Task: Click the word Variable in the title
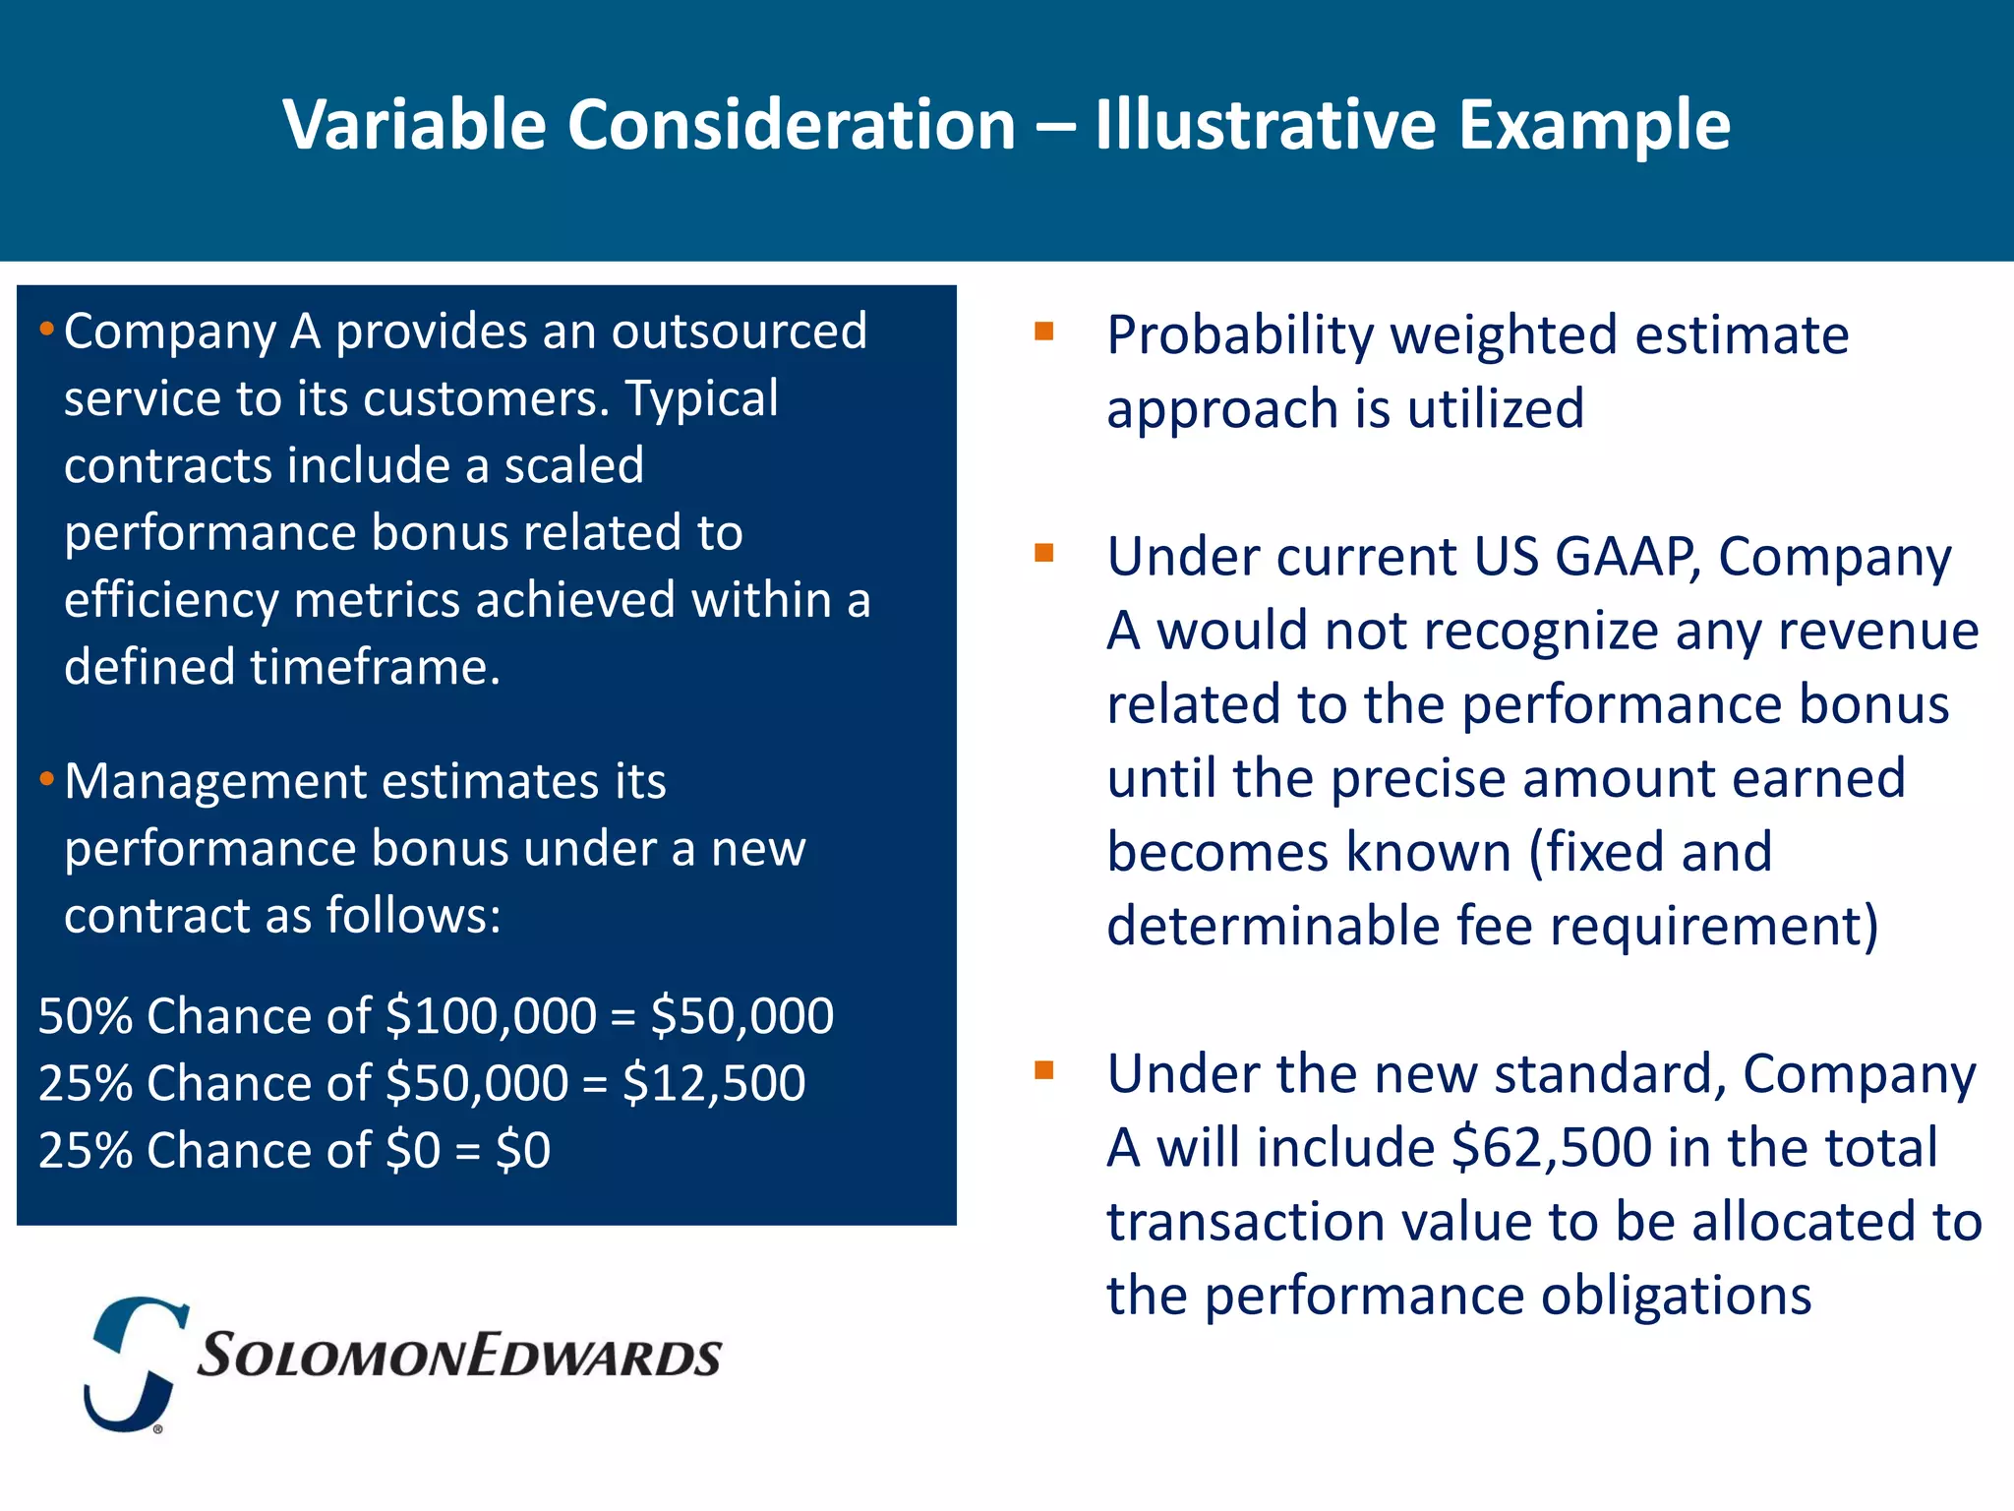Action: pyautogui.click(x=414, y=125)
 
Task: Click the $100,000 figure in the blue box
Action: pyautogui.click(x=491, y=1015)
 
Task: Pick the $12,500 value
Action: pyautogui.click(x=714, y=1083)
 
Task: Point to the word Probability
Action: pyautogui.click(x=1239, y=335)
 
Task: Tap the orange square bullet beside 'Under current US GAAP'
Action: pyautogui.click(x=1043, y=553)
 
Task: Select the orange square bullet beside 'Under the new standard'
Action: pyautogui.click(x=1043, y=1069)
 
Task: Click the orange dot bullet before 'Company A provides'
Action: pyautogui.click(x=46, y=330)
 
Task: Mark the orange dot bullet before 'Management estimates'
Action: pyautogui.click(x=46, y=780)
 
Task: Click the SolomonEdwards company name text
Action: pyautogui.click(x=459, y=1356)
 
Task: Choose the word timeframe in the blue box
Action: pyautogui.click(x=376, y=667)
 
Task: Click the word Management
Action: pyautogui.click(x=214, y=782)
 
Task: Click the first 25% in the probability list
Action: pyautogui.click(x=86, y=1083)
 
